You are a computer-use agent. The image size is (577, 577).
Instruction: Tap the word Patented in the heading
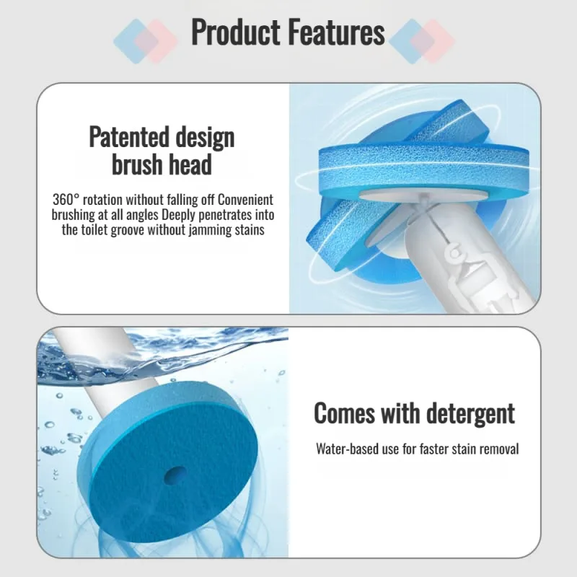(x=129, y=136)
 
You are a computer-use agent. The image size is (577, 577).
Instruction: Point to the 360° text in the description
(x=66, y=200)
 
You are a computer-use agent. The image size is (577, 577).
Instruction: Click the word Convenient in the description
(x=245, y=200)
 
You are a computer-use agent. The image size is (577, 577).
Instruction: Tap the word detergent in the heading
(x=470, y=413)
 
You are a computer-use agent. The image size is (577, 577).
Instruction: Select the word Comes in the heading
(x=344, y=413)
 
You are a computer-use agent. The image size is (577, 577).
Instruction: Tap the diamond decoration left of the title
(x=145, y=40)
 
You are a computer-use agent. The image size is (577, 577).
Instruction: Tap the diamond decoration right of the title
(x=422, y=40)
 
